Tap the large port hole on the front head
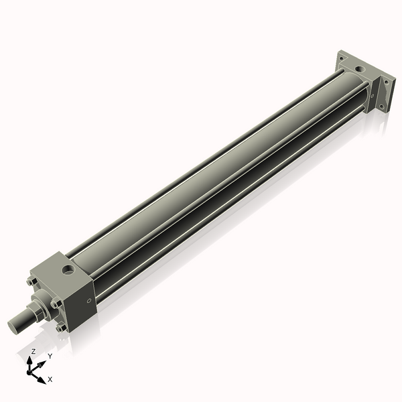67,271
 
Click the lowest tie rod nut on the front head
62,328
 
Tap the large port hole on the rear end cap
361,68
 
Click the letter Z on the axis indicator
33,351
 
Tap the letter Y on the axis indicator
50,356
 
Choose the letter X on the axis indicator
50,379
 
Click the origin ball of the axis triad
31,371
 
